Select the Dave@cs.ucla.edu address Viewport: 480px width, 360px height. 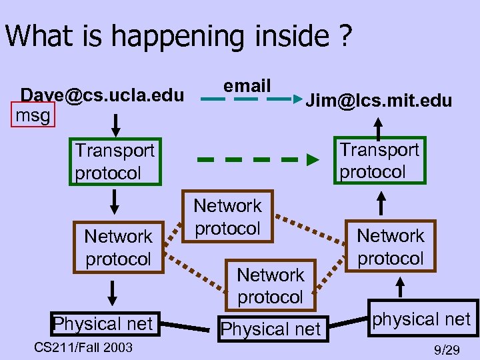pyautogui.click(x=102, y=95)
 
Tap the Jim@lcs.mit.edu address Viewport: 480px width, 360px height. pyautogui.click(x=378, y=101)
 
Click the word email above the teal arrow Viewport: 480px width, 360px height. pyautogui.click(x=247, y=85)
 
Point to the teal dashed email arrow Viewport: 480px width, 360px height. pyautogui.click(x=246, y=100)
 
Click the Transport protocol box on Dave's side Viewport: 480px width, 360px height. pyautogui.click(x=114, y=162)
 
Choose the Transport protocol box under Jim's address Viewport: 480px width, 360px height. pyautogui.click(x=379, y=160)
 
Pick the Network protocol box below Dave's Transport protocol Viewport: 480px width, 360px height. pyautogui.click(x=118, y=247)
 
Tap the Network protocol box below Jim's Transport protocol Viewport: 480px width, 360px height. pyautogui.click(x=390, y=247)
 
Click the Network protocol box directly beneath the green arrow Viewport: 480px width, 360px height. pyautogui.click(x=227, y=217)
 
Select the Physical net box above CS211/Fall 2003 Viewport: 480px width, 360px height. pyautogui.click(x=103, y=325)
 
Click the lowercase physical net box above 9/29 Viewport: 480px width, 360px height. pyautogui.click(x=421, y=319)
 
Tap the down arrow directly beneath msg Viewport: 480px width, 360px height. pyautogui.click(x=115, y=124)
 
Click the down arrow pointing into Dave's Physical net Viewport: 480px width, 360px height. pyautogui.click(x=113, y=293)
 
